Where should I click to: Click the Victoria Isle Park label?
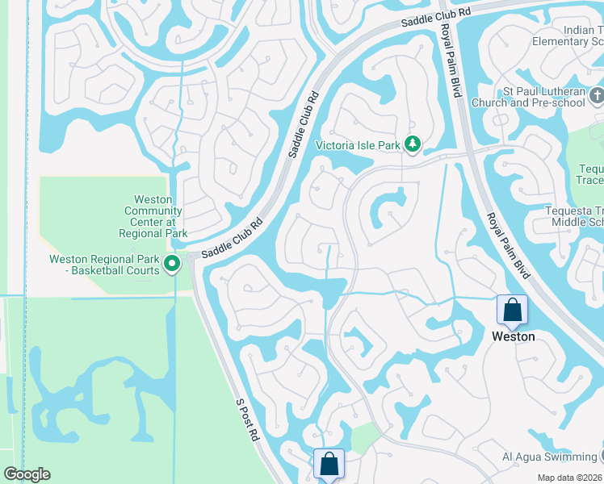357,145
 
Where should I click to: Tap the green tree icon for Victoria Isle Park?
413,144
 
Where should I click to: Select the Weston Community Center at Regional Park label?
153,216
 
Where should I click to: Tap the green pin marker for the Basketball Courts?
172,264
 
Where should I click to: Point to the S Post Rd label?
247,419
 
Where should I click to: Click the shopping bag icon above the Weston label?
512,310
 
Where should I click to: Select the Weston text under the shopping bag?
513,336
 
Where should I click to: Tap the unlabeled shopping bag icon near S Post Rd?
329,464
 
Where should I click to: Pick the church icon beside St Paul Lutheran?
596,95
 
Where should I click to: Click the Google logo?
27,474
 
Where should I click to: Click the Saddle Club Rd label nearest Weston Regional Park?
233,240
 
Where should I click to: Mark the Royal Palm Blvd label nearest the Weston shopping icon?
507,245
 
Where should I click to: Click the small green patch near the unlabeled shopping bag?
365,437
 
